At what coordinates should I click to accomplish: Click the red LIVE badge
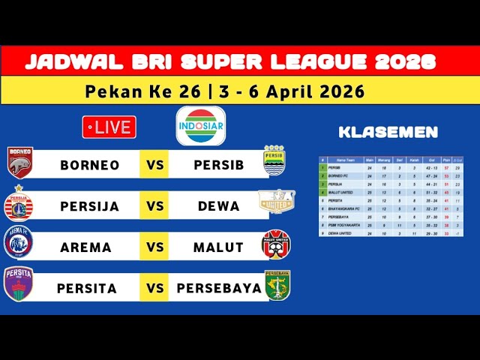109,127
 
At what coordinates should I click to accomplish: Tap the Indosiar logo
200,126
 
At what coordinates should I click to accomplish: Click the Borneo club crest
19,163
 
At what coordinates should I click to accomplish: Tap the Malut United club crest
275,244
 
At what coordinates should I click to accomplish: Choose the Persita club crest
18,285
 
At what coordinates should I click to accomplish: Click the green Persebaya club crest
277,285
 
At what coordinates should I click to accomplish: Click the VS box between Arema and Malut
154,247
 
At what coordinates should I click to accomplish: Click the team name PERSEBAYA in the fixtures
219,288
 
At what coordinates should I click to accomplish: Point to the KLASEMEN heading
388,133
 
